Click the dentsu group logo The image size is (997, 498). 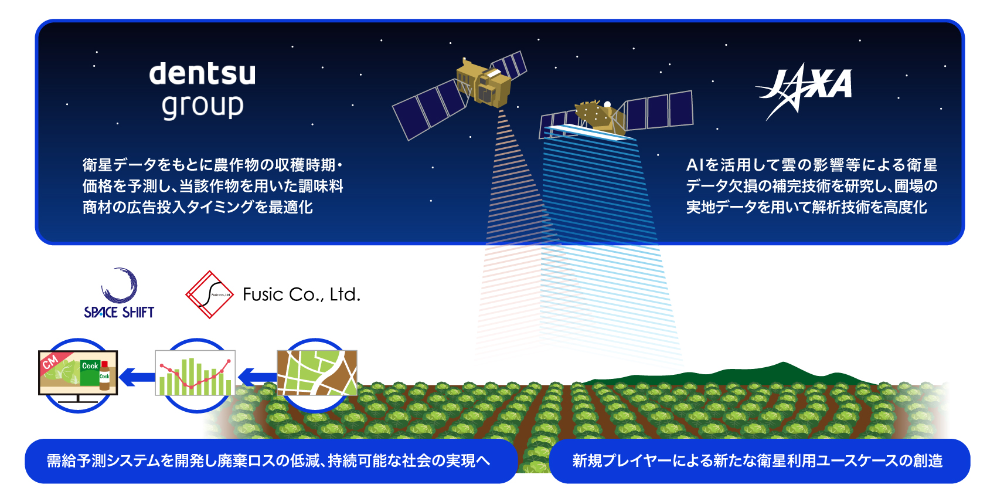pyautogui.click(x=203, y=91)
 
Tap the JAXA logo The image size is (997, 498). pyautogui.click(x=804, y=91)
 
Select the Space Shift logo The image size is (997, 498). pyautogui.click(x=119, y=293)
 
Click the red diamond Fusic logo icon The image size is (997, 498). pyautogui.click(x=209, y=294)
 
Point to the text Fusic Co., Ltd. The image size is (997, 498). pyautogui.click(x=301, y=294)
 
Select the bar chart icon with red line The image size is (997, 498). pyautogui.click(x=195, y=373)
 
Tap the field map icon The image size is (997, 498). pyautogui.click(x=317, y=373)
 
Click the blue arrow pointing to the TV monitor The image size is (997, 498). pyautogui.click(x=137, y=377)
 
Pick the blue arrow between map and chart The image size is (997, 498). pyautogui.click(x=257, y=377)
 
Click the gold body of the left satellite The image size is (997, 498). pyautogui.click(x=484, y=84)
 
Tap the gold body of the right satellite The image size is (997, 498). pyautogui.click(x=599, y=117)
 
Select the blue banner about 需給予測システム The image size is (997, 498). pyautogui.click(x=271, y=461)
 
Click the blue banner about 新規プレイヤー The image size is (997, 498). pyautogui.click(x=759, y=461)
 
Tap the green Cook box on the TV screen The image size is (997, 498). pyautogui.click(x=90, y=373)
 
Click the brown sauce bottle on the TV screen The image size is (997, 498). pyautogui.click(x=104, y=376)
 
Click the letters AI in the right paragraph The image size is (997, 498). pyautogui.click(x=695, y=165)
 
